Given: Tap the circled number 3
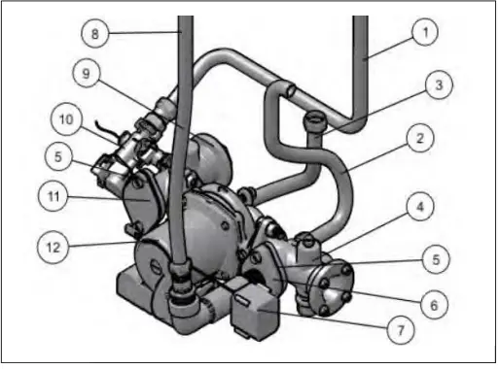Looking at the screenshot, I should pos(439,85).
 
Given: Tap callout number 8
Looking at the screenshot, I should pos(95,33).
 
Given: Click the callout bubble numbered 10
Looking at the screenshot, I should pos(64,119).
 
